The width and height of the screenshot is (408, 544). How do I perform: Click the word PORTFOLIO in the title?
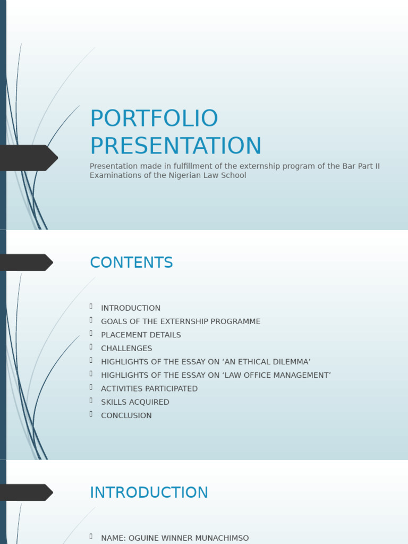tap(154, 118)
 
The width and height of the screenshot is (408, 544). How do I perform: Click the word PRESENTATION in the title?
tap(176, 146)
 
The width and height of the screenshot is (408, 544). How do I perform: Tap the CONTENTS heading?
tap(131, 263)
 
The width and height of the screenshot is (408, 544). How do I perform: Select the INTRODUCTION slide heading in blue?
tap(149, 492)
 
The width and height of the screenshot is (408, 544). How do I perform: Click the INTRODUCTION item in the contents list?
tap(131, 308)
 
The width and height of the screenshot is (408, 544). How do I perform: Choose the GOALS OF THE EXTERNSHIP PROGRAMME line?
tap(181, 321)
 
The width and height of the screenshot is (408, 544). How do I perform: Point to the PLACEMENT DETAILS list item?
tap(141, 335)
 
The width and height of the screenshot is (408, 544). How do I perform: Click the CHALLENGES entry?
tap(126, 348)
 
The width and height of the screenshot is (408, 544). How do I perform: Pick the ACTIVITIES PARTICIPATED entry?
tap(149, 389)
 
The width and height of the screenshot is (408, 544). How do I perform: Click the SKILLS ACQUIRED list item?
tap(135, 402)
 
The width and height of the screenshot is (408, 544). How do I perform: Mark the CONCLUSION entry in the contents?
tap(126, 415)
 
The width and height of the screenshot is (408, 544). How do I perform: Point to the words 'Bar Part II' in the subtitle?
tap(361, 166)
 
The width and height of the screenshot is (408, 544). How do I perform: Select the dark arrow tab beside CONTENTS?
tap(25, 262)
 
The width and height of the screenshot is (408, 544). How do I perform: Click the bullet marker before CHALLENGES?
tap(91, 347)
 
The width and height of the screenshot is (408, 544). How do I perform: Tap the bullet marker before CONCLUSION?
tap(91, 414)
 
